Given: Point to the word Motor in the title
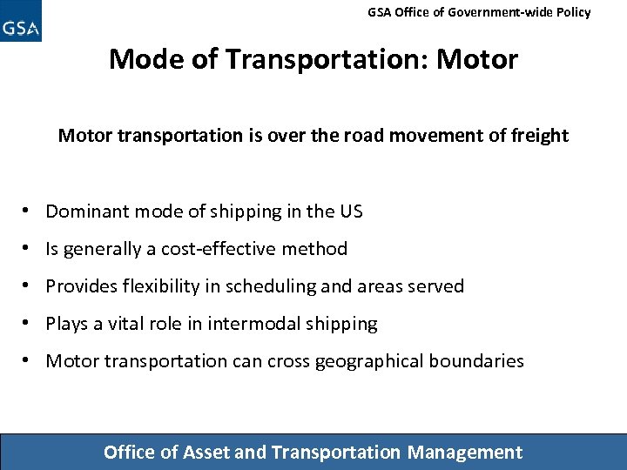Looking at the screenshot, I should (x=476, y=59).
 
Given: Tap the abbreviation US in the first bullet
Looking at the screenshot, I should (x=352, y=211).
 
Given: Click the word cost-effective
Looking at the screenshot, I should (x=215, y=249).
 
